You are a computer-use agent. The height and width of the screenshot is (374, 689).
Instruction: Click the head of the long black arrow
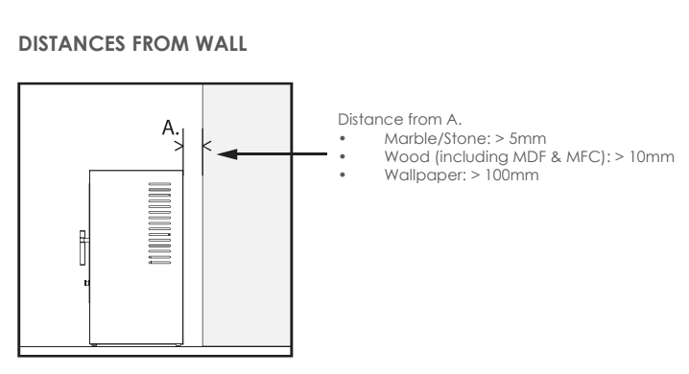coord(223,153)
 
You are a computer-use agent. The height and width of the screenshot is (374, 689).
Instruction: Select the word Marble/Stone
coord(414,141)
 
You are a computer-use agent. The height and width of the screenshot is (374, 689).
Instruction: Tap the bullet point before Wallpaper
coord(344,172)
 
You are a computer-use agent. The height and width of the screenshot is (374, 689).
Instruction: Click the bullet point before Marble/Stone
coord(344,141)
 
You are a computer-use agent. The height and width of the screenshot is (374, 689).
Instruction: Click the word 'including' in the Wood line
coord(449,156)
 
